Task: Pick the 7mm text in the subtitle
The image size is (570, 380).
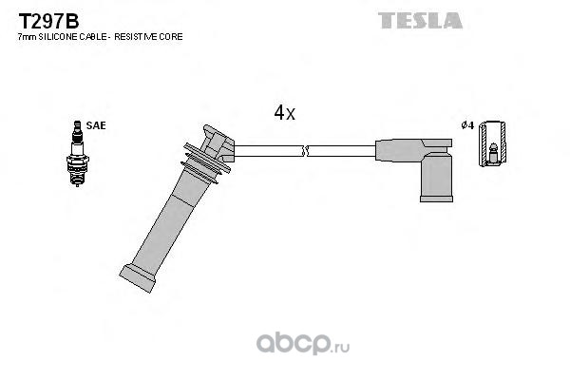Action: (x=25, y=36)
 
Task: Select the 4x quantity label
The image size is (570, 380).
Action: (x=285, y=113)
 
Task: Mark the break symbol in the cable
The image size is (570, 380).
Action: (x=304, y=150)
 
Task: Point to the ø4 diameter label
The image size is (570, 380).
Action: (x=466, y=125)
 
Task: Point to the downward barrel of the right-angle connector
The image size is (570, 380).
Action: (x=436, y=177)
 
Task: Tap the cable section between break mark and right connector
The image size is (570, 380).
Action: (x=342, y=150)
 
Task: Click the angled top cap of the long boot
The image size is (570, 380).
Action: (x=218, y=143)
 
